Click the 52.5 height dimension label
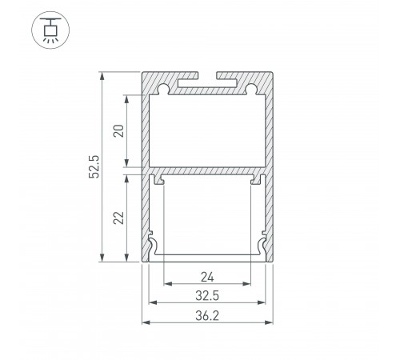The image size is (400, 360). point(93,166)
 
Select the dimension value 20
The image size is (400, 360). point(118,131)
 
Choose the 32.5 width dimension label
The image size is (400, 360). point(207,296)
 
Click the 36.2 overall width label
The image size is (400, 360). point(207,315)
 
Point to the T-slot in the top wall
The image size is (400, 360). point(207,82)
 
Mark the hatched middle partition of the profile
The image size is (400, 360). point(207,171)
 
